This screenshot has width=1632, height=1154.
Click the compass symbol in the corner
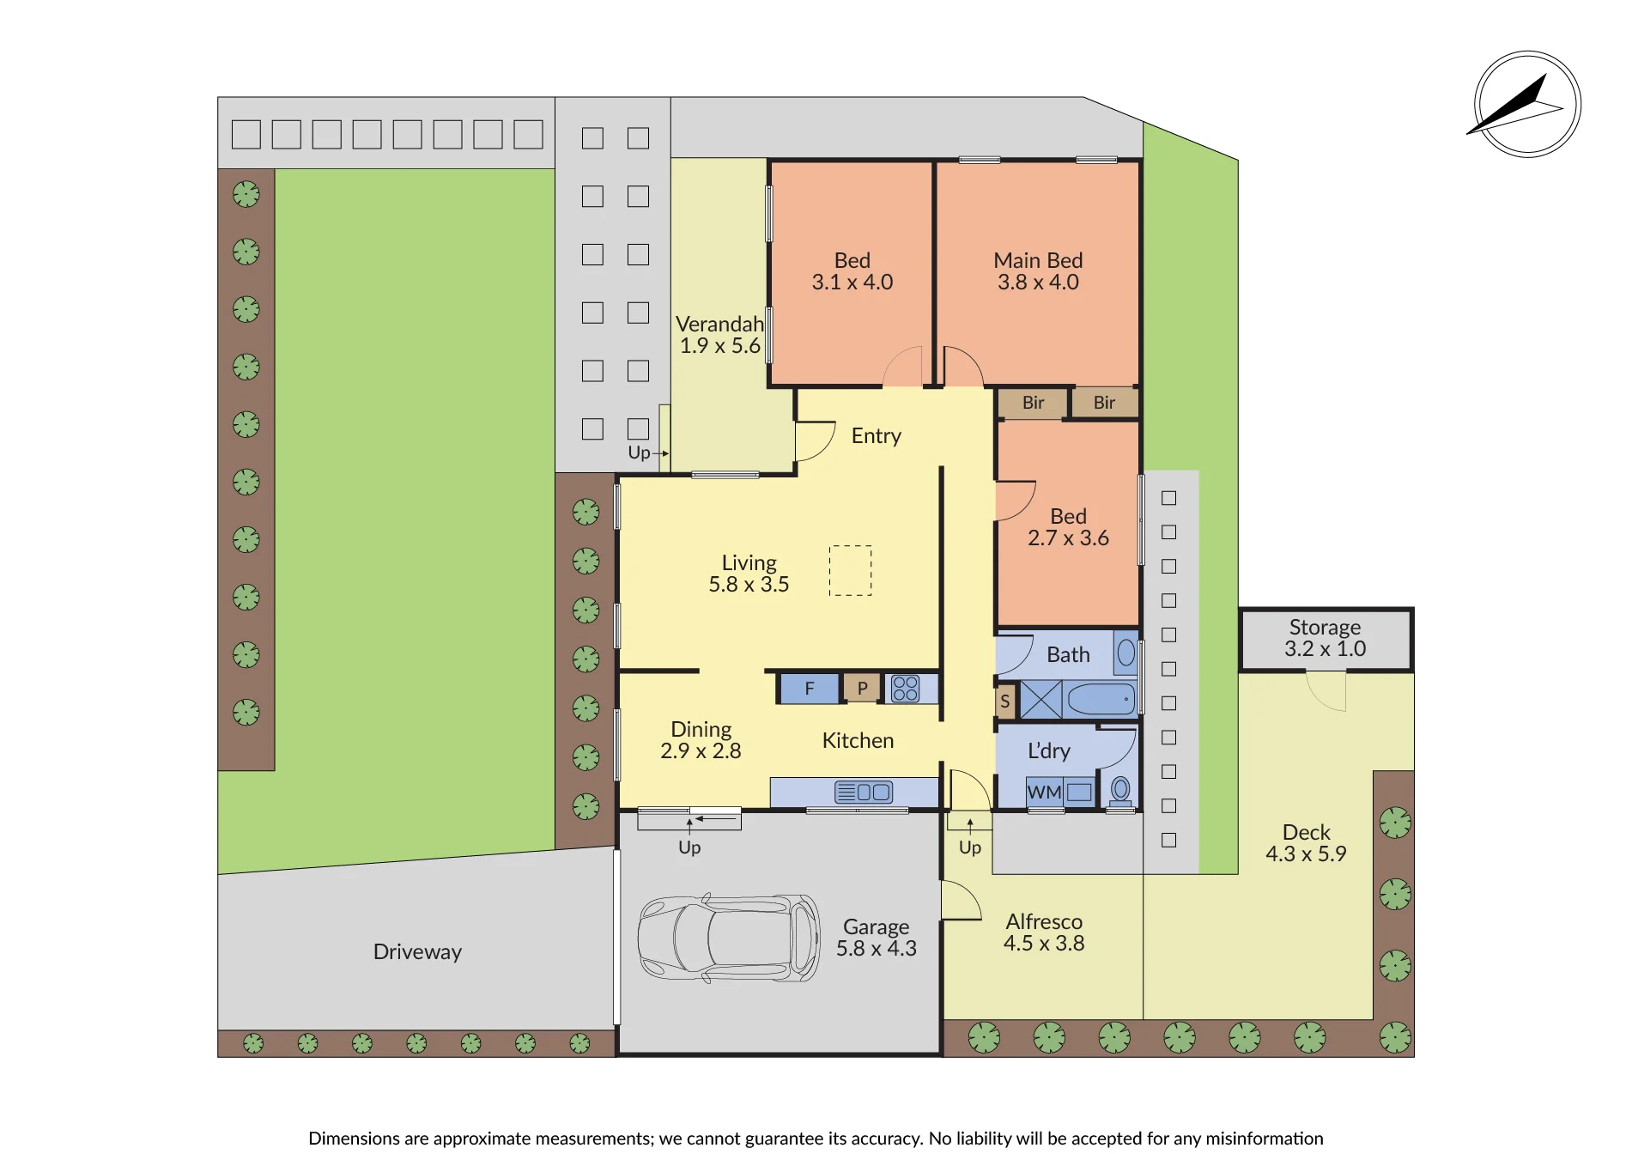1527,105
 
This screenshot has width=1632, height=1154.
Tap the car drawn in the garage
729,938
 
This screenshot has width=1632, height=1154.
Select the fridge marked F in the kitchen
809,689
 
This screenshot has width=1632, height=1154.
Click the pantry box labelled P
862,688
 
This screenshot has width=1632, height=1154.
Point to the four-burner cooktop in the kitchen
906,689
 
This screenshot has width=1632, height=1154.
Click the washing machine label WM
1044,793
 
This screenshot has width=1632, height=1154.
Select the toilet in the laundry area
1120,790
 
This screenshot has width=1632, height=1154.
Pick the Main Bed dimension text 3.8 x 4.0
1038,282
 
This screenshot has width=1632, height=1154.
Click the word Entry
876,436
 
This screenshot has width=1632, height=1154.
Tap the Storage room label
1325,628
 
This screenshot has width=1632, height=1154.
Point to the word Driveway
417,952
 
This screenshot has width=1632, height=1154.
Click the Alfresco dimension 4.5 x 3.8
1044,944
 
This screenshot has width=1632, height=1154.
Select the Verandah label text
719,325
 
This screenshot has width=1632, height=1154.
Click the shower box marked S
1005,701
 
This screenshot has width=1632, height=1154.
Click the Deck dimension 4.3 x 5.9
1306,854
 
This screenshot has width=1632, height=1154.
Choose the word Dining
701,730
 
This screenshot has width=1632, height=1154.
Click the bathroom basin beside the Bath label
1125,653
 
